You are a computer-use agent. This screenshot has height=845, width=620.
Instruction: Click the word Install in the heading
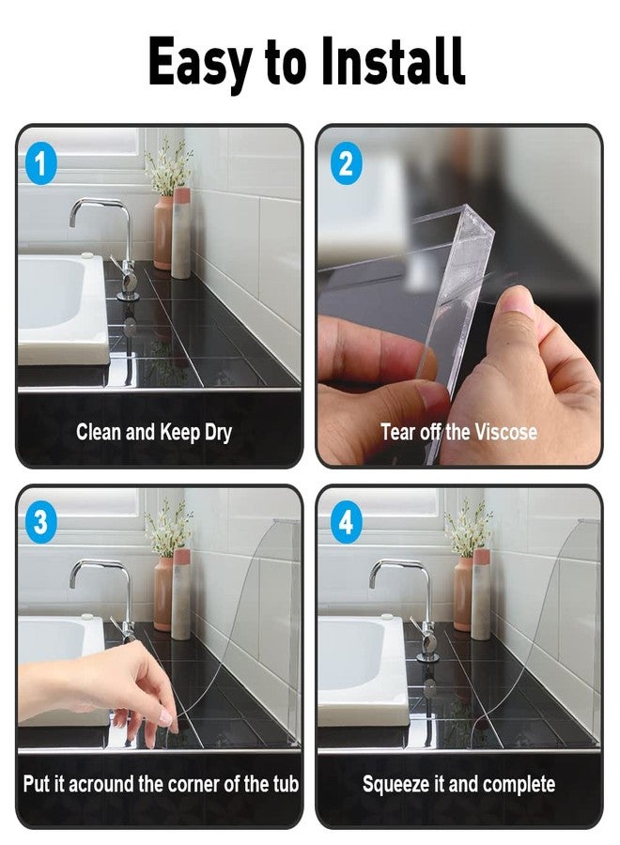[x=393, y=61]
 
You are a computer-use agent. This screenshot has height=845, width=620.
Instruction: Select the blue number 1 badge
[x=40, y=162]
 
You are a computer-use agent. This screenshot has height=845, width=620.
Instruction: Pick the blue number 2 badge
[x=346, y=162]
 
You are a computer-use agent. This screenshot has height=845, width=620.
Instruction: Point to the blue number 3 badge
[x=40, y=522]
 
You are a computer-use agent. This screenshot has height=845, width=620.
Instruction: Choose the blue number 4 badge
[x=346, y=522]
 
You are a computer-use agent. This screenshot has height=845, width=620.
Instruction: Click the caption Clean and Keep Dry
[x=154, y=433]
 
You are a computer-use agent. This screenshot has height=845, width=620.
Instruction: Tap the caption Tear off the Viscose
[x=458, y=432]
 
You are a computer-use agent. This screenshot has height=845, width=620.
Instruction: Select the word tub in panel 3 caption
[x=286, y=784]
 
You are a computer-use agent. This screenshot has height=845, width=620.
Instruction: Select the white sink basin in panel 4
[x=362, y=668]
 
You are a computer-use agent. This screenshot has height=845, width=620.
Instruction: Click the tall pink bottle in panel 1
[x=181, y=233]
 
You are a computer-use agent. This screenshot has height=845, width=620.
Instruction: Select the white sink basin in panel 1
[x=62, y=307]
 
